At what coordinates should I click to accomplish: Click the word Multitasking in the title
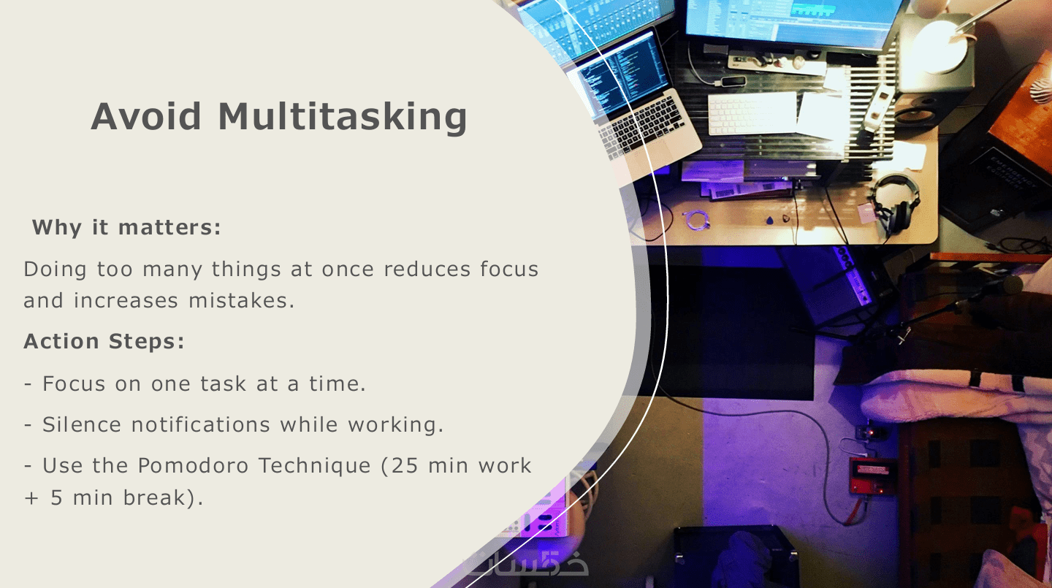coord(343,116)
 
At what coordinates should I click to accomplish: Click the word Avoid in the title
coord(146,116)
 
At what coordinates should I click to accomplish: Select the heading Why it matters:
coord(126,227)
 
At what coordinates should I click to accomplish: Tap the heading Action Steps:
coord(104,341)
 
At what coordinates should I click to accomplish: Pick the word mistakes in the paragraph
coord(241,301)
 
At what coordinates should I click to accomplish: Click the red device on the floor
coord(872,476)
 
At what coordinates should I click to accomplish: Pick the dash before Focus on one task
coord(28,384)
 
